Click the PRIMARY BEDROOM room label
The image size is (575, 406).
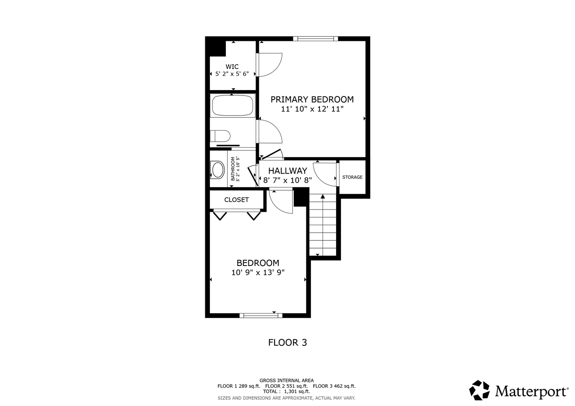[312, 99]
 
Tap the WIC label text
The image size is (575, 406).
[232, 66]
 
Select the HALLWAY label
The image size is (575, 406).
[287, 170]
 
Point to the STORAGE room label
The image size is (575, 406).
[352, 177]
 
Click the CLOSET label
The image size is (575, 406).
[236, 200]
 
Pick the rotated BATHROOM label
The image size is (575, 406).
[233, 169]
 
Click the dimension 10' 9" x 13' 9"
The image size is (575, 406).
[258, 272]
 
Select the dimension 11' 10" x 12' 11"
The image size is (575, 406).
[312, 109]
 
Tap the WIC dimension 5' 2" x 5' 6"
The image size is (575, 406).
[232, 74]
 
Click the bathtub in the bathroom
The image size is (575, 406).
[232, 106]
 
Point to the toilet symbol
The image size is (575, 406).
[220, 135]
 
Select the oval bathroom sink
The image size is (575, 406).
[218, 170]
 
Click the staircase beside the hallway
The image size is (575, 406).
[323, 224]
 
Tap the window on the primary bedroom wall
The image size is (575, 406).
[315, 39]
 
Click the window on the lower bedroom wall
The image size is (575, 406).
[261, 315]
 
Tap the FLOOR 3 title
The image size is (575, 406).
[287, 342]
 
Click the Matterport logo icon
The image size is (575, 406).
[479, 390]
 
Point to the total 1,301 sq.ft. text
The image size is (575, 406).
[287, 391]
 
